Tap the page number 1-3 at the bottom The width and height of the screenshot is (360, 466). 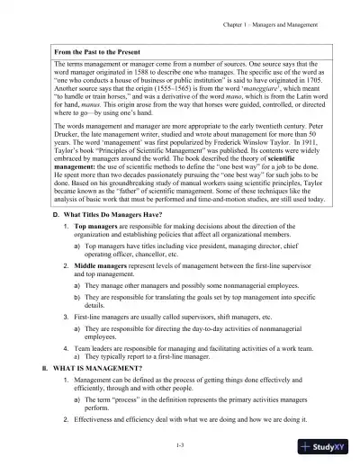click(x=181, y=444)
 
